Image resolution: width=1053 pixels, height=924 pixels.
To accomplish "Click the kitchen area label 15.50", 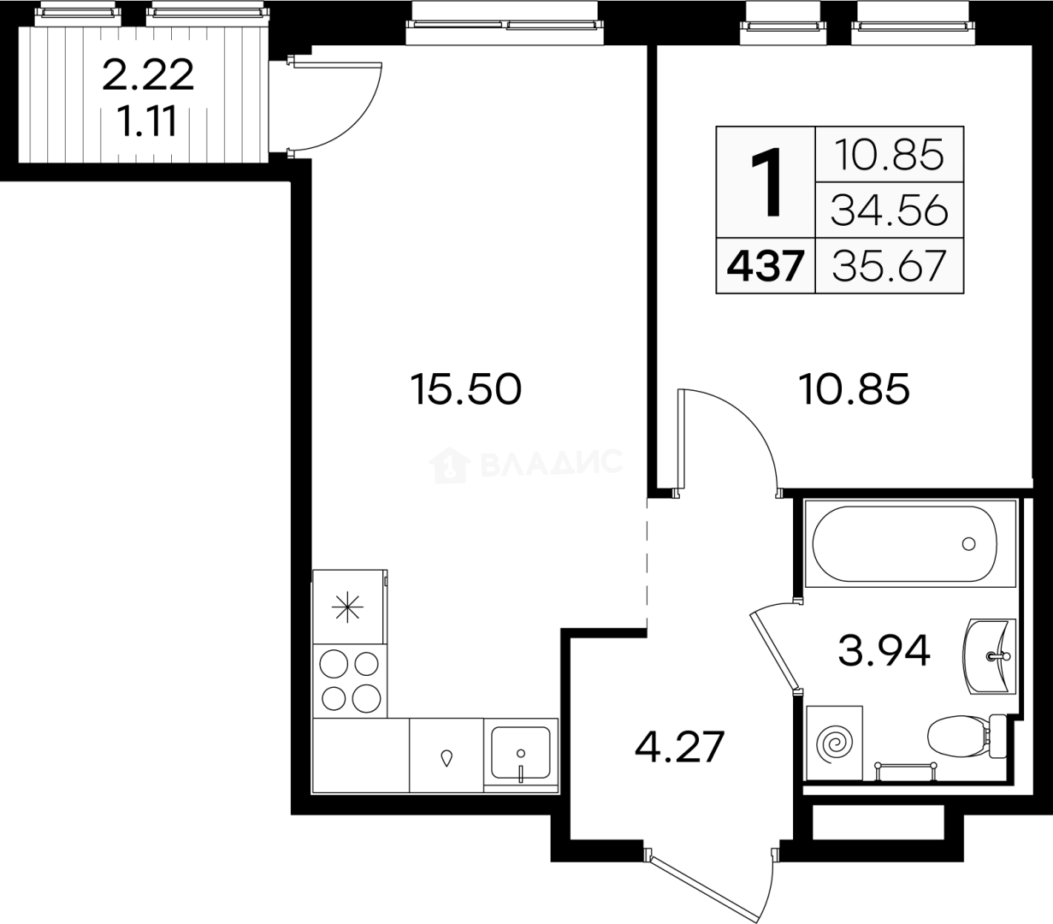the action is (x=465, y=389).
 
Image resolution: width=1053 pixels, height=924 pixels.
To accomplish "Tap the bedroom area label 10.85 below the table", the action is (x=854, y=389).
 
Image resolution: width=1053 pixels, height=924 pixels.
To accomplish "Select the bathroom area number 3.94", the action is (x=884, y=650).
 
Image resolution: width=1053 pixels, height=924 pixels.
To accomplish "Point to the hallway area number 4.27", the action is (x=680, y=747).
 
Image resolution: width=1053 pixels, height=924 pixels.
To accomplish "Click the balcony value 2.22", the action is (x=148, y=75).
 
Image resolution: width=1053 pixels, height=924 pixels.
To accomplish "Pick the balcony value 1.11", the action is (x=148, y=121).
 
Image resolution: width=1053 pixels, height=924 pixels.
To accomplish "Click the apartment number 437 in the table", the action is (x=766, y=266).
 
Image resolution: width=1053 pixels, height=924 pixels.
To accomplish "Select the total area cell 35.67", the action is (x=889, y=266).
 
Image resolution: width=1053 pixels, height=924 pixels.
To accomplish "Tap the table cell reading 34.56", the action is (x=889, y=211).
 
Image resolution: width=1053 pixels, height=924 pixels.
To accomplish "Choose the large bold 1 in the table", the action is (x=766, y=181).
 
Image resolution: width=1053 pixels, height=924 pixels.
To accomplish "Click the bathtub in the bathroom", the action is (x=905, y=544).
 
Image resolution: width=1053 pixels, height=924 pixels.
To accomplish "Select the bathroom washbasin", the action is (x=989, y=656).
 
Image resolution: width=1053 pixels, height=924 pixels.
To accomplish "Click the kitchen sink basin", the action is (x=521, y=753).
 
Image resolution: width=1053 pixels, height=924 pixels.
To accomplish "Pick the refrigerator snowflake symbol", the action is (x=348, y=607).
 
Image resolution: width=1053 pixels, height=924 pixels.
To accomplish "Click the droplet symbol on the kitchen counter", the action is (x=447, y=759).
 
